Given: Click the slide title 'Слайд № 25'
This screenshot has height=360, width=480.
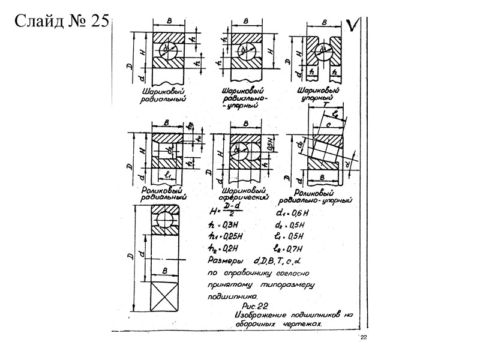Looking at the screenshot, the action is tap(60, 22).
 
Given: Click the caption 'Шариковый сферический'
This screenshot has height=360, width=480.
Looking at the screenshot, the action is tap(243, 194).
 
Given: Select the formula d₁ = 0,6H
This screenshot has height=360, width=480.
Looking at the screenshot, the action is tap(292, 212).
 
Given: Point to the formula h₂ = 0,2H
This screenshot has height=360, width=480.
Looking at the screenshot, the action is tap(223, 247).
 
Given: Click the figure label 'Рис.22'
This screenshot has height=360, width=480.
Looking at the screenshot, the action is tap(251, 307).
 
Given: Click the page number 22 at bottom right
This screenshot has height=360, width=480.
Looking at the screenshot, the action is tap(363, 339).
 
